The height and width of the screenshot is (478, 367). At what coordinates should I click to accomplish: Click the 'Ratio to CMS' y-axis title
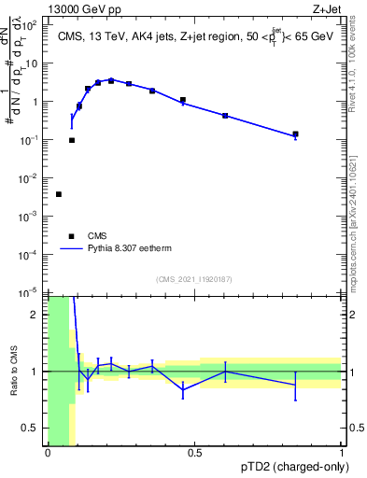pyautogui.click(x=13, y=371)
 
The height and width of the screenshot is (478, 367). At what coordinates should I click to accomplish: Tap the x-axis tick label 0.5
pyautogui.click(x=194, y=454)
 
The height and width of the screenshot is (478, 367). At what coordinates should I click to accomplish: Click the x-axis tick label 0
pyautogui.click(x=48, y=454)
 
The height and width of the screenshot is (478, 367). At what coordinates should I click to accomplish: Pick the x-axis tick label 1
pyautogui.click(x=341, y=454)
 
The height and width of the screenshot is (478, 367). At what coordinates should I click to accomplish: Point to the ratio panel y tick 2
pyautogui.click(x=38, y=314)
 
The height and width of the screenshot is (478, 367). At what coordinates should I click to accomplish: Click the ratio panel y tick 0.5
pyautogui.click(x=33, y=428)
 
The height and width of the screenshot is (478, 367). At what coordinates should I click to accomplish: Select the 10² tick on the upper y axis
pyautogui.click(x=33, y=25)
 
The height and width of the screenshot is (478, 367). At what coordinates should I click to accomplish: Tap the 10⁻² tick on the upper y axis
pyautogui.click(x=31, y=177)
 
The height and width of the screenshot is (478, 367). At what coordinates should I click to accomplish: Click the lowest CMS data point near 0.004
pyautogui.click(x=59, y=194)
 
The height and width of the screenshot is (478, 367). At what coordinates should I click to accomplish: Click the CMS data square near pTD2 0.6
pyautogui.click(x=225, y=116)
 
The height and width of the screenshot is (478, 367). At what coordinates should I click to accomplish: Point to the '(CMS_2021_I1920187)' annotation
pyautogui.click(x=194, y=279)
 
